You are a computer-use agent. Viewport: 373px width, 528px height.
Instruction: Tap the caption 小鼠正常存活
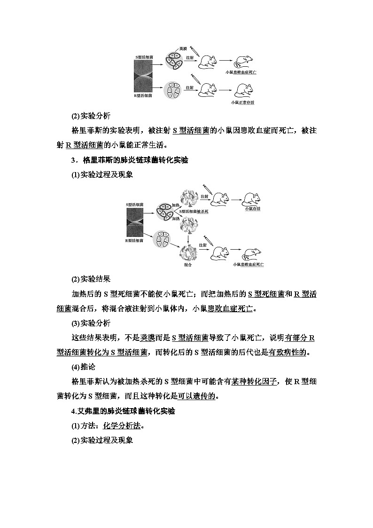(x=242, y=102)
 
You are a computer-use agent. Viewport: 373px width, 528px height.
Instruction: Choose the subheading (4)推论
(x=84, y=367)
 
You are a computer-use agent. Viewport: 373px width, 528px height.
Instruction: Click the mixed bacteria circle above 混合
(x=189, y=252)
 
